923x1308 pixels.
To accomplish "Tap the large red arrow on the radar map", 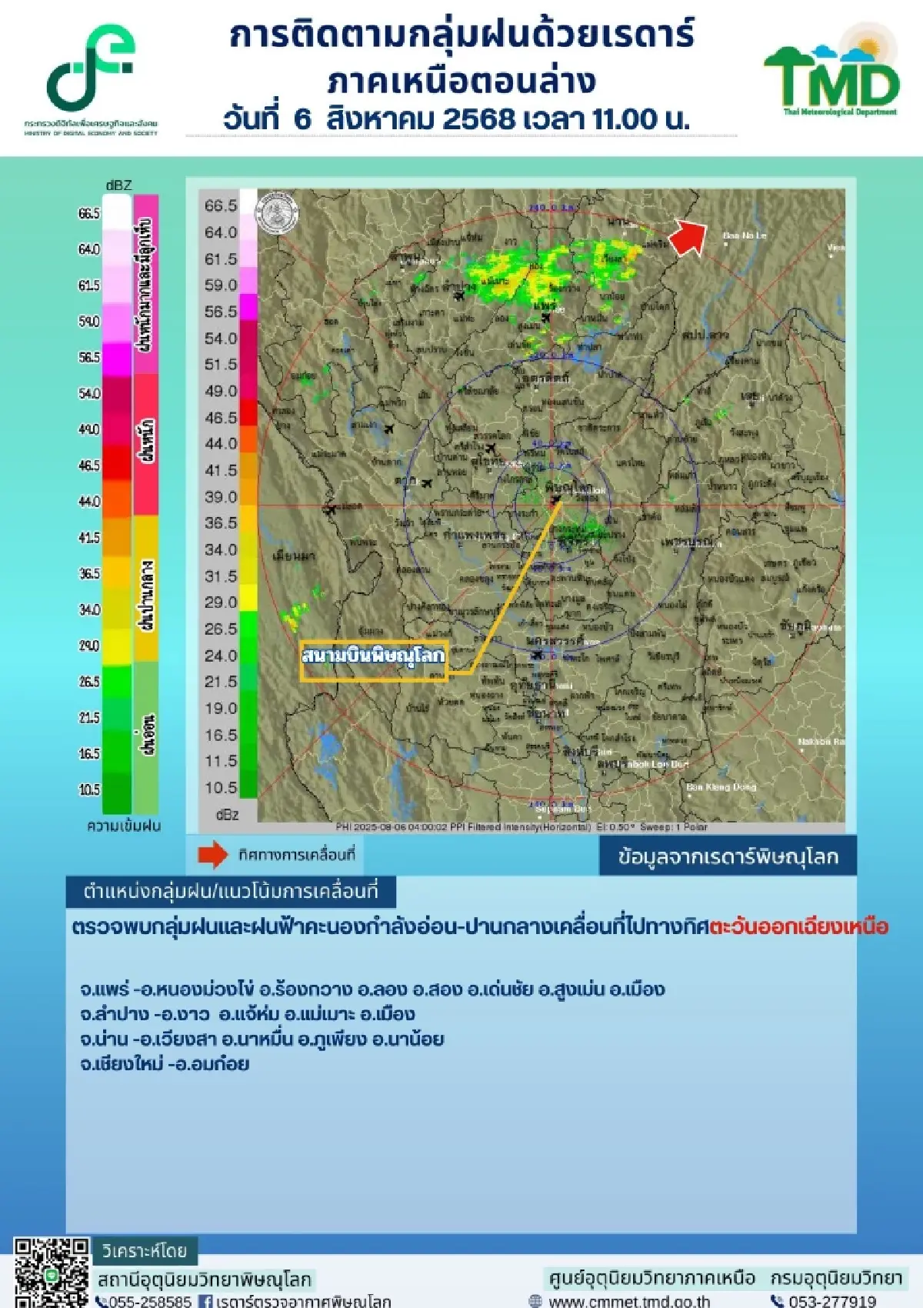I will pos(688,236).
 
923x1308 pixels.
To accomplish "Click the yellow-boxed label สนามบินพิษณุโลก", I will pos(373,656).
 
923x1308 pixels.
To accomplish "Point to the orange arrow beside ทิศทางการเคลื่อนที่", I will pos(213,855).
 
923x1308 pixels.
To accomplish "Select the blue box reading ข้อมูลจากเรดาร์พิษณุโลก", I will pos(728,857).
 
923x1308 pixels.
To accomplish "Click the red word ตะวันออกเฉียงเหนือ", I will pos(798,926).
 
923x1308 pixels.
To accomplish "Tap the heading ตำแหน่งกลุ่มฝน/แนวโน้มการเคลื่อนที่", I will pos(231,892).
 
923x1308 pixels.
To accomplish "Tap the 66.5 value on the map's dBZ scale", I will pos(221,205).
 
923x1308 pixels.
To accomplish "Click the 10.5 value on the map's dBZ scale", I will pos(221,787).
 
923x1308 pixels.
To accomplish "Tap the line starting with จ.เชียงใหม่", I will pos(165,1064).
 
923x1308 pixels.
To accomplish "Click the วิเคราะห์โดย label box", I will pos(145,1251).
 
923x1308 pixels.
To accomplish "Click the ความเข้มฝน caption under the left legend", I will pos(124,826).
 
